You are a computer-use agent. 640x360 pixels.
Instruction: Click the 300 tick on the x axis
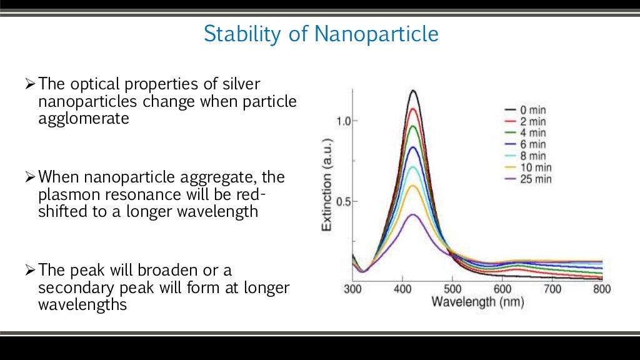click(x=352, y=289)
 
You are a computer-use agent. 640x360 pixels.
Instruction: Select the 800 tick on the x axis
click(x=602, y=289)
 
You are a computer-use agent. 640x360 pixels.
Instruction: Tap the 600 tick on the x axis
click(x=502, y=289)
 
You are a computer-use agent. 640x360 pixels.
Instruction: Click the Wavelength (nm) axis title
click(x=477, y=302)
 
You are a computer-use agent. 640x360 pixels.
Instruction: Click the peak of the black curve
click(x=413, y=91)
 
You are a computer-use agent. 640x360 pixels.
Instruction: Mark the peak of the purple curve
click(x=413, y=214)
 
